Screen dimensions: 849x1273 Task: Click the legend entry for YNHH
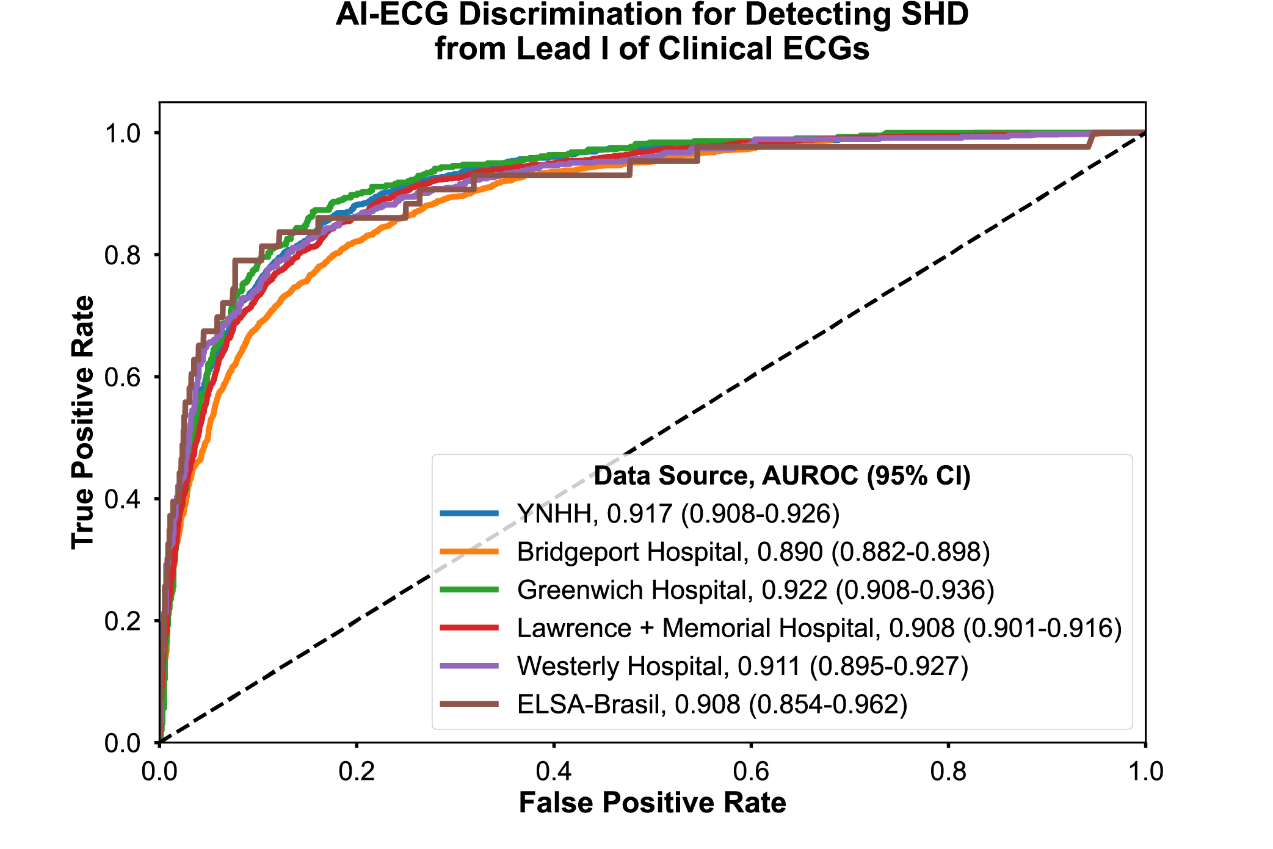[678, 514]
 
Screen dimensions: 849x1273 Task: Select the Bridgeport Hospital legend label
[753, 552]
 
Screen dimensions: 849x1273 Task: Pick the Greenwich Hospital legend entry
[755, 590]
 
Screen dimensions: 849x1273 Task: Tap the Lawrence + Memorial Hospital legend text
[819, 628]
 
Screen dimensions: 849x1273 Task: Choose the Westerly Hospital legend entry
[742, 666]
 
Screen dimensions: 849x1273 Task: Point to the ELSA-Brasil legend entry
[712, 704]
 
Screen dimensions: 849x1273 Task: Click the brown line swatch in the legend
[470, 704]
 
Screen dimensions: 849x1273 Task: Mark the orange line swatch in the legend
[470, 552]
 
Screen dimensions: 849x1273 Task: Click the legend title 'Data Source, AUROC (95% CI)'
[782, 475]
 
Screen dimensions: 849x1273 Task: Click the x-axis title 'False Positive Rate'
[652, 803]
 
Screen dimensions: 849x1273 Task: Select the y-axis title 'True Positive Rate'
[83, 422]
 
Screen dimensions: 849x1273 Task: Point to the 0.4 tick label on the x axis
[554, 771]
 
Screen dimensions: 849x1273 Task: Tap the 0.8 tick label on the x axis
[948, 771]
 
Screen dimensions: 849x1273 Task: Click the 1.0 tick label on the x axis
[1145, 771]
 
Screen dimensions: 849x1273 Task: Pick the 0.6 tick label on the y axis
[123, 377]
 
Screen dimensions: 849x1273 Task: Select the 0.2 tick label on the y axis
[123, 621]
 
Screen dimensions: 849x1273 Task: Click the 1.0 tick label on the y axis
[123, 133]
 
